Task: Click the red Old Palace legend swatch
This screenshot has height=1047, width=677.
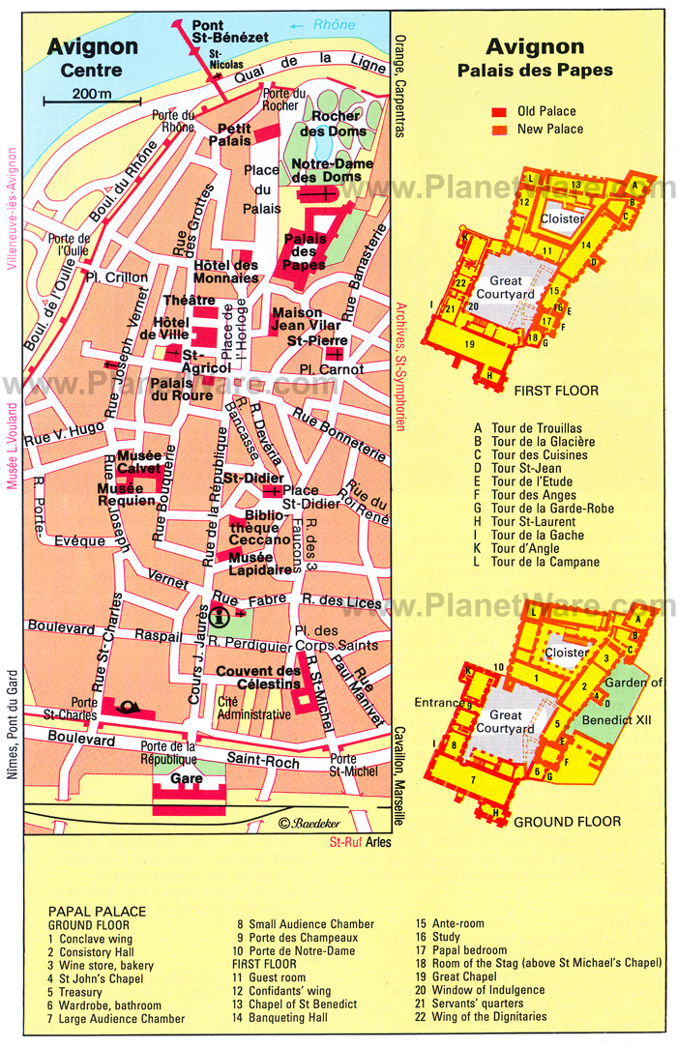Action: pos(500,110)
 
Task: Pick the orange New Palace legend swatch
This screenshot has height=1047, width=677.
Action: pos(500,129)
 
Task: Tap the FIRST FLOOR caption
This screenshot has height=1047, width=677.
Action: pos(556,392)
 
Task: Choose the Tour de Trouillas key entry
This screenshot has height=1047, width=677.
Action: pos(529,427)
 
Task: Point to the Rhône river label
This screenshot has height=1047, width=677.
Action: pos(335,25)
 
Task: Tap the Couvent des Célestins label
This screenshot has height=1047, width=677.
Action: pos(259,679)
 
